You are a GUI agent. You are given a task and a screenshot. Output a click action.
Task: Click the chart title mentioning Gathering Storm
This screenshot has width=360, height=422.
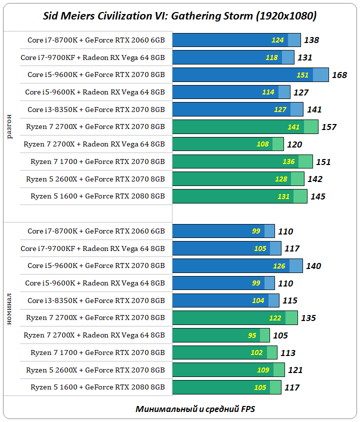coord(179,16)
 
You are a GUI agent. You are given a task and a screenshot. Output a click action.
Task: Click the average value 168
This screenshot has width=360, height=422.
coord(339,75)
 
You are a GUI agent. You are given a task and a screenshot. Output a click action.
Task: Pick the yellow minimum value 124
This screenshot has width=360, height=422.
coord(277,40)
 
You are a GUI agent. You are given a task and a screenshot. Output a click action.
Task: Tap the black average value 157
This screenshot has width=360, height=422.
coord(328,127)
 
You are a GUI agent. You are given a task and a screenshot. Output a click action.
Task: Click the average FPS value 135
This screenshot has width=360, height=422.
coord(308,318)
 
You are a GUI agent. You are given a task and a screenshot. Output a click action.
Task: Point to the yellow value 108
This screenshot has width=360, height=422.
coord(262,144)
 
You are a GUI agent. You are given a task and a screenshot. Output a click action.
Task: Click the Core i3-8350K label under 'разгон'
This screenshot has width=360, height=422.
coord(96,109)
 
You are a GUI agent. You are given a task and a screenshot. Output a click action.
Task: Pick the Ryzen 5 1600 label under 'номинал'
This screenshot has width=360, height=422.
coord(97,387)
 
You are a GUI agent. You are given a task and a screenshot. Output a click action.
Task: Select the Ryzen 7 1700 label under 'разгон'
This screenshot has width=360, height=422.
coord(97,161)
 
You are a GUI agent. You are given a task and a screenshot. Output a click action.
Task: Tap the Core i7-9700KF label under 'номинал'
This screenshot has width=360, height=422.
coord(92,248)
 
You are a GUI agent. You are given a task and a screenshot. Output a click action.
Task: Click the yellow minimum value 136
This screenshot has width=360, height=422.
coord(288,161)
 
